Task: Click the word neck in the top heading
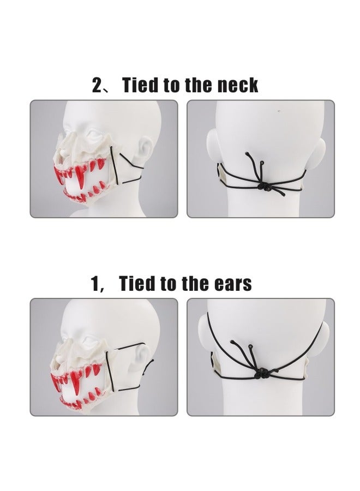click(x=236, y=85)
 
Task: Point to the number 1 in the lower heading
click(x=97, y=284)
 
